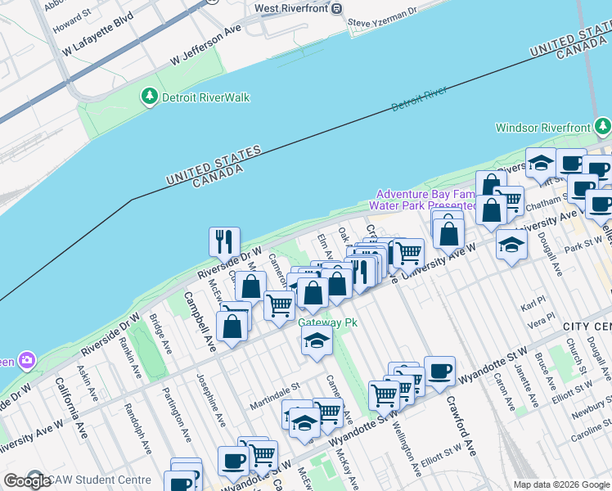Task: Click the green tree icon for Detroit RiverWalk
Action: coord(149,97)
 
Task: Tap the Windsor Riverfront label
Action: coord(542,128)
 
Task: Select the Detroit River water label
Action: coord(419,99)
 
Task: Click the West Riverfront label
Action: coord(290,8)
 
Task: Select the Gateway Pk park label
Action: coord(327,322)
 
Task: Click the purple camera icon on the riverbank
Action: coord(28,360)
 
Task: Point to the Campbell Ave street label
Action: coord(199,322)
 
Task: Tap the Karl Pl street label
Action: coord(534,304)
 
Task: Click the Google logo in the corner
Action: coord(26,481)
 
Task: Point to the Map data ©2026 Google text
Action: coord(560,484)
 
